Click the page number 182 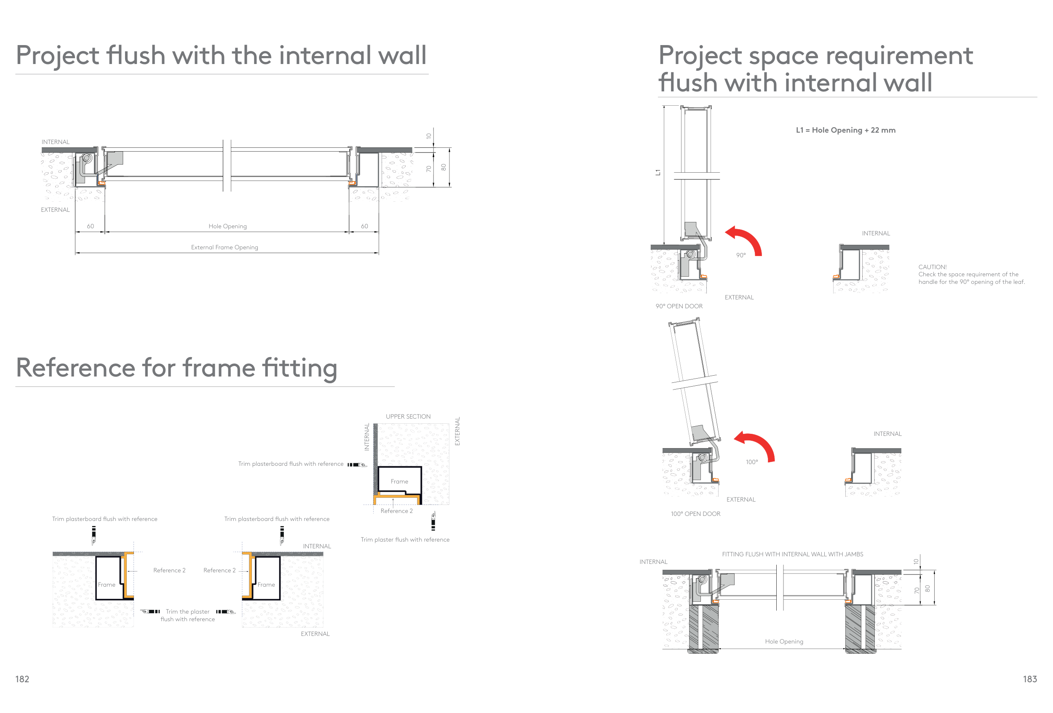(x=22, y=679)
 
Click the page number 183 (x=1029, y=679)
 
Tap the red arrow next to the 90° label (x=746, y=239)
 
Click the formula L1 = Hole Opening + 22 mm (x=845, y=131)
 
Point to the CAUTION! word (x=932, y=267)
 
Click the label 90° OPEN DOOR (x=679, y=307)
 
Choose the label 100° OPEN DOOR (x=695, y=514)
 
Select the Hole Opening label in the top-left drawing (x=227, y=227)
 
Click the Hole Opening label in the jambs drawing (x=784, y=642)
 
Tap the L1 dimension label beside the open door (x=658, y=173)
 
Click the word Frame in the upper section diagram (x=399, y=481)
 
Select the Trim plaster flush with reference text (x=405, y=540)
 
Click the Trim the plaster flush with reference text (x=187, y=616)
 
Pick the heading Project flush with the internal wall (x=221, y=55)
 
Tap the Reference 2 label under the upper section (x=396, y=511)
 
